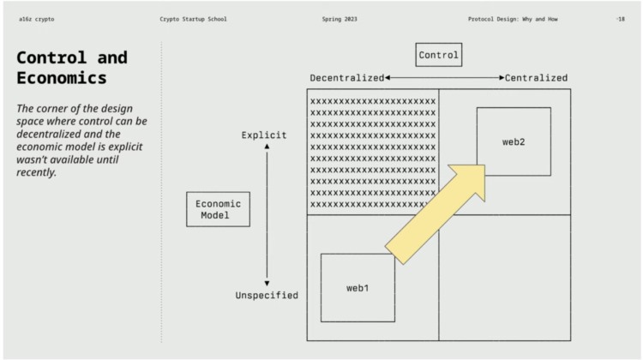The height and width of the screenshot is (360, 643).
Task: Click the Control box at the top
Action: coord(439,56)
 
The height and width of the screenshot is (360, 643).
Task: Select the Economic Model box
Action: coord(219,209)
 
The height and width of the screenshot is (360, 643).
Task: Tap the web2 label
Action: coord(514,141)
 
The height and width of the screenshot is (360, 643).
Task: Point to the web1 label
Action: coord(358,288)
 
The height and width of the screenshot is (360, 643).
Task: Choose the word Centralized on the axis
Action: coord(536,78)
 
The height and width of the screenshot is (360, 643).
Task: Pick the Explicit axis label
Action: coord(264,135)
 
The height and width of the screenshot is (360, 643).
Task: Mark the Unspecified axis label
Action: coord(267,296)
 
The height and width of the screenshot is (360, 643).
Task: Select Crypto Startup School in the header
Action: coord(193,18)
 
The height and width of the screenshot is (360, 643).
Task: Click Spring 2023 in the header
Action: coord(340,18)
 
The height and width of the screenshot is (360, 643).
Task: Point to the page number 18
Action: coord(621,18)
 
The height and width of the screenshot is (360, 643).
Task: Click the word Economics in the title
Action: coord(63,78)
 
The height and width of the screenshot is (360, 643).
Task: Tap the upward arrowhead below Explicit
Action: coord(267,147)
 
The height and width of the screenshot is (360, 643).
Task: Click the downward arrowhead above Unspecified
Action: coord(267,282)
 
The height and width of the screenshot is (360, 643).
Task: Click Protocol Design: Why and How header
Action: coord(513,18)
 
